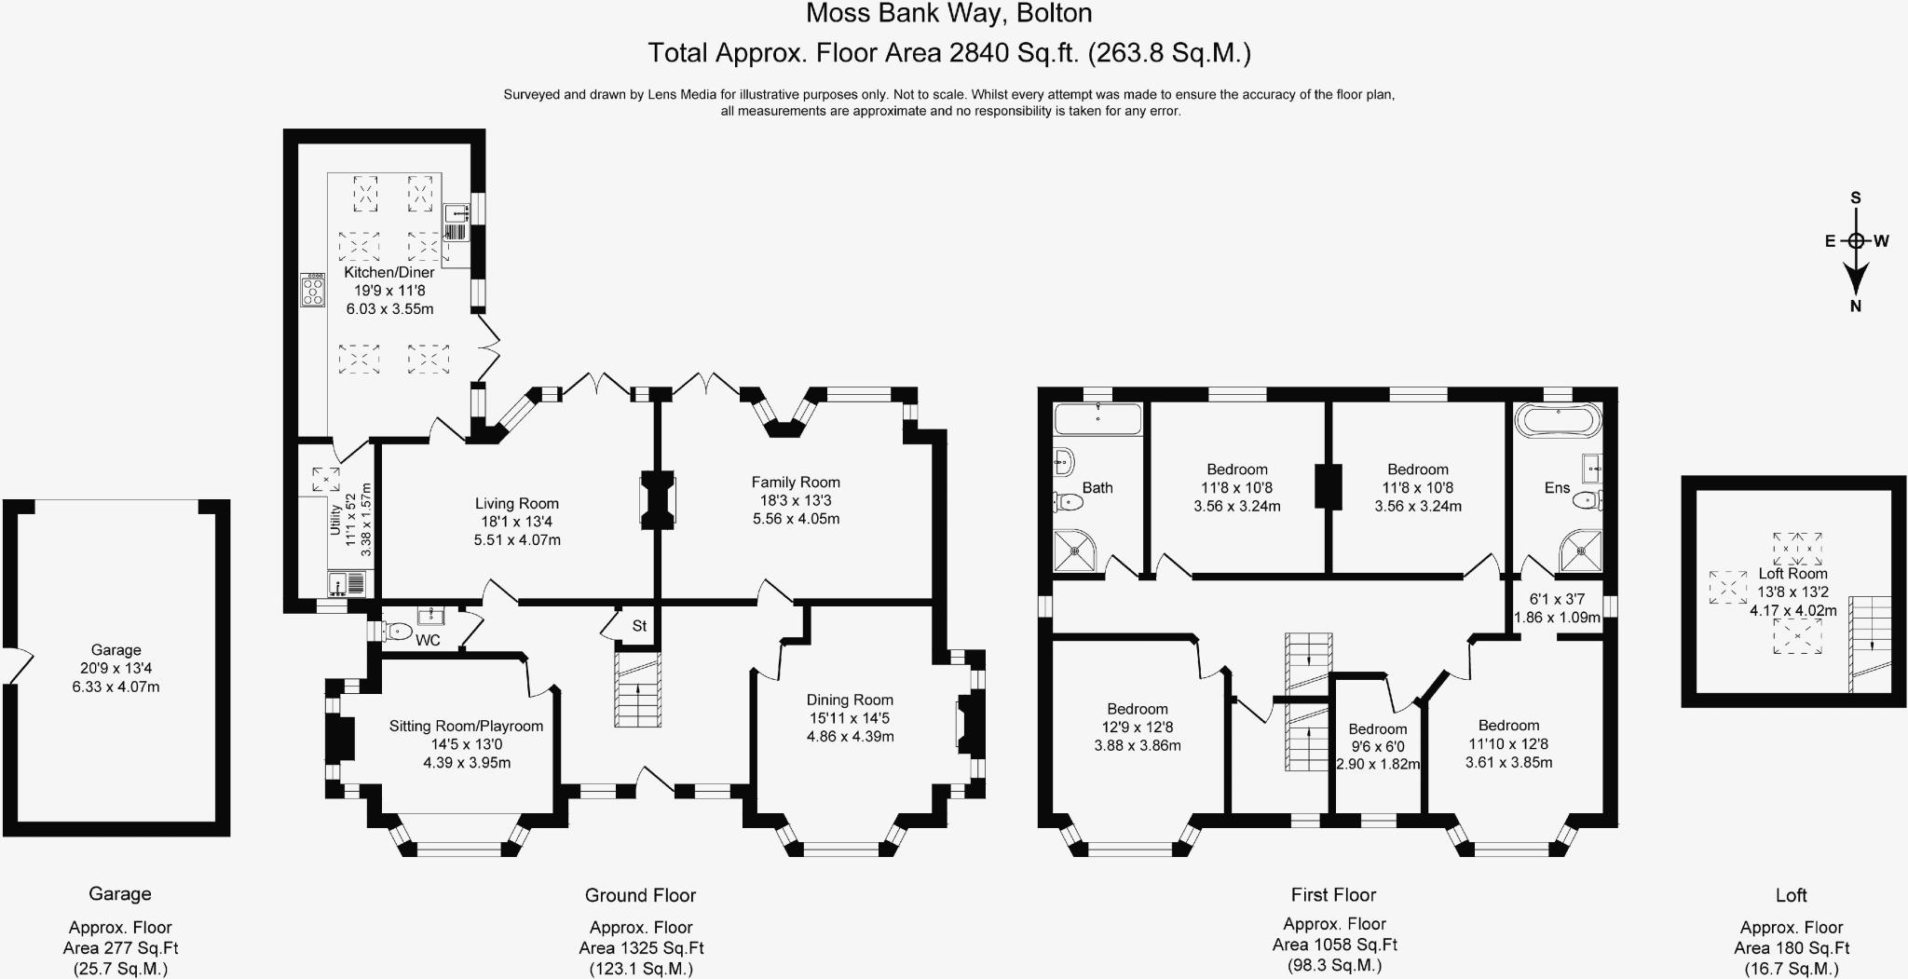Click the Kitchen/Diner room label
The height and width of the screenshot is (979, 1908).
tap(389, 272)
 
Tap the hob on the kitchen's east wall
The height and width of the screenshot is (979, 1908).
tap(312, 291)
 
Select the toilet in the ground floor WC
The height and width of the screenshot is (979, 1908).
tap(395, 632)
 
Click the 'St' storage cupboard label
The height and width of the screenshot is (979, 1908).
tap(639, 626)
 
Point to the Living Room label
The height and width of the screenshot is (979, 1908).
tap(517, 503)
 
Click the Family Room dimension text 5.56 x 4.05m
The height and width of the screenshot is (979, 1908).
tap(797, 519)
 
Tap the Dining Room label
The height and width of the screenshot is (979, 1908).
tap(850, 700)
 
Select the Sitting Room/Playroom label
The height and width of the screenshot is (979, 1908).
tap(466, 726)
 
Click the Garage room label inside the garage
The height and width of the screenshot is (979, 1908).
tap(116, 650)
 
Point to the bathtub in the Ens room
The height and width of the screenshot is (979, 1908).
tap(1558, 420)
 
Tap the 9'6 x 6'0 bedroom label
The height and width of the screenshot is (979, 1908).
tap(1378, 746)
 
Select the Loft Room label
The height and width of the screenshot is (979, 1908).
tap(1792, 574)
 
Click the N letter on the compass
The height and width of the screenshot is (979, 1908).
tap(1856, 306)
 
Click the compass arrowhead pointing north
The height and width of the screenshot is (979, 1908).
tap(1856, 279)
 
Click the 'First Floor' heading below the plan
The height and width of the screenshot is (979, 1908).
tap(1334, 895)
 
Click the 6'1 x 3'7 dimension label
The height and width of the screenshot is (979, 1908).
tap(1558, 599)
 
